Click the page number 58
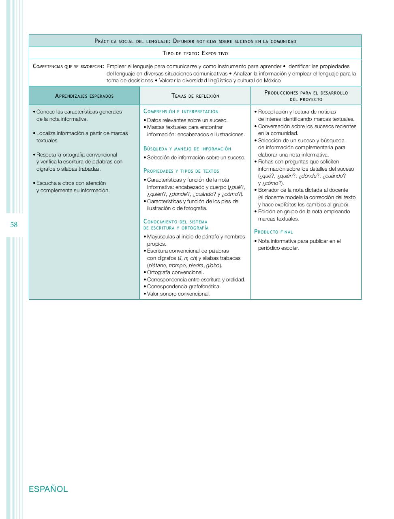point(14,225)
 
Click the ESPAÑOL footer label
point(48,489)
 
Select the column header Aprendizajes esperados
point(84,96)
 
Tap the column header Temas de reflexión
point(195,96)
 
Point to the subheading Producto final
point(274,232)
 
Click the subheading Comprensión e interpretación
point(181,112)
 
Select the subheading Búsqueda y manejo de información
point(187,149)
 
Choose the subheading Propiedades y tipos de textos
point(181,171)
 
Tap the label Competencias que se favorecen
point(68,66)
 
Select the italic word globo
point(213,266)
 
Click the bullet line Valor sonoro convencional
point(178,294)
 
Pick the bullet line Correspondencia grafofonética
point(184,287)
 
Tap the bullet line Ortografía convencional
point(176,272)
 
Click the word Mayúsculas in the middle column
point(161,237)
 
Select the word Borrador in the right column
point(269,190)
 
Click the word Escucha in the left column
point(46,183)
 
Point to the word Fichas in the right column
point(266,162)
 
